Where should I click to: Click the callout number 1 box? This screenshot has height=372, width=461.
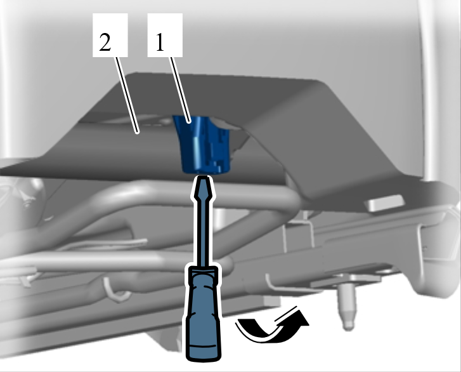(x=165, y=35)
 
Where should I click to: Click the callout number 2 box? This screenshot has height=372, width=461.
(x=110, y=35)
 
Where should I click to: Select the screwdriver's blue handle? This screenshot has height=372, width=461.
(x=204, y=315)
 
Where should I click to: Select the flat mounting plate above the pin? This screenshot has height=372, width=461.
(x=350, y=279)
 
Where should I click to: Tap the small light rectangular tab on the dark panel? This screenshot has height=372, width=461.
(x=384, y=203)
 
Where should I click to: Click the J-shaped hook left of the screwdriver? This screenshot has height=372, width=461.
(x=115, y=289)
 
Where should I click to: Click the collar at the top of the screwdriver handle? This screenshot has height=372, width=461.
(x=204, y=272)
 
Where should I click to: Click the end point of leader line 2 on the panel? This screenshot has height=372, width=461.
(x=138, y=133)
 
